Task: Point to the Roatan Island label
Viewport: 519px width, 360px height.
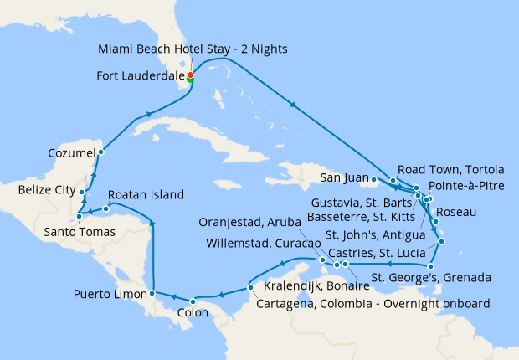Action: pyautogui.click(x=146, y=195)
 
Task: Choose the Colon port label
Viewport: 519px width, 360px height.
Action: pyautogui.click(x=193, y=316)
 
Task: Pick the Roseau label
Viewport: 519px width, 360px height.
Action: pyautogui.click(x=457, y=212)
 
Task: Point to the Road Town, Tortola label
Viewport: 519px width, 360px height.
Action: pyautogui.click(x=450, y=167)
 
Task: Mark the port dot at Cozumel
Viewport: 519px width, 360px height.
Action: pyautogui.click(x=100, y=152)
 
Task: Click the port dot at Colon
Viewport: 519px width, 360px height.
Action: pyautogui.click(x=193, y=301)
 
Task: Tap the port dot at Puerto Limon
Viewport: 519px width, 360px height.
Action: pyautogui.click(x=152, y=293)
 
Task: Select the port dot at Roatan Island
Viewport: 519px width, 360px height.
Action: pyautogui.click(x=105, y=208)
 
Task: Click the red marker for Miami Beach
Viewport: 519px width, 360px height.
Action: pyautogui.click(x=190, y=75)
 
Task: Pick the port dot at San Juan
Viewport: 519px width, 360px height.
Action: pyautogui.click(x=373, y=178)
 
